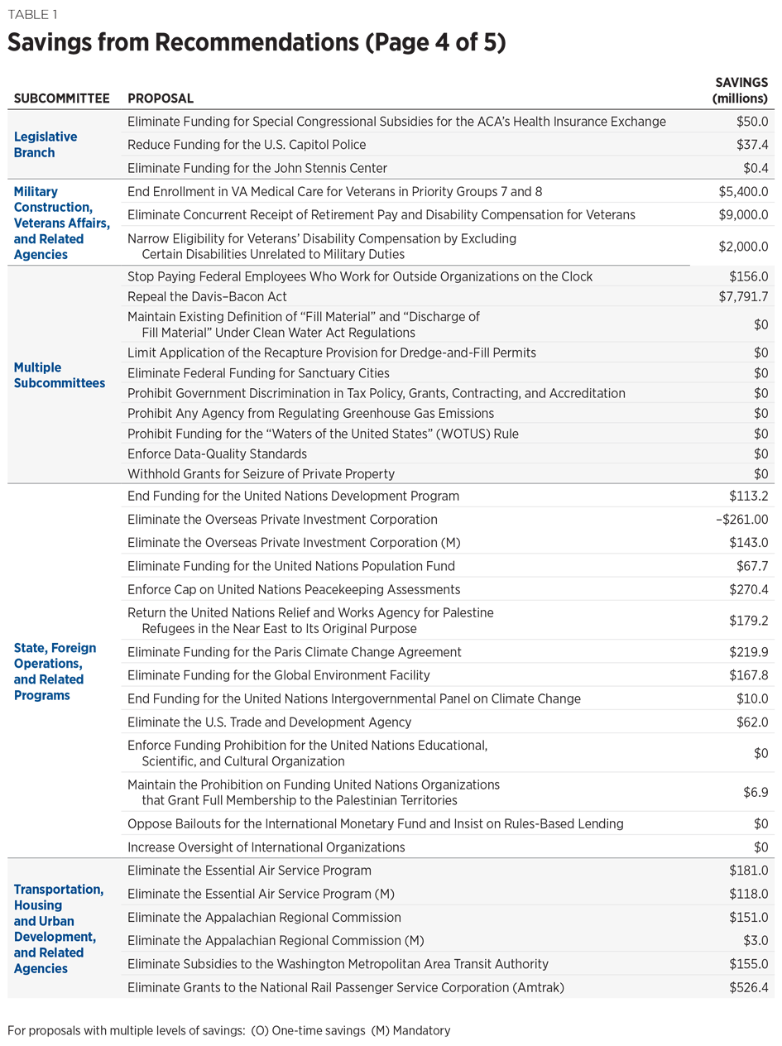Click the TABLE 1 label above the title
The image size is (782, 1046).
pyautogui.click(x=31, y=15)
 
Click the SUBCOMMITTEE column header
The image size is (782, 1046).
pyautogui.click(x=61, y=98)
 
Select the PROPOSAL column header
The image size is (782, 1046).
pyautogui.click(x=161, y=98)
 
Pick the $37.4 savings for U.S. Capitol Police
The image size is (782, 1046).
pyautogui.click(x=752, y=145)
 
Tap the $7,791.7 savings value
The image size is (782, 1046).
pyautogui.click(x=744, y=295)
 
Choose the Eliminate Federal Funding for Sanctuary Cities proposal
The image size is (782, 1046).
pyautogui.click(x=258, y=372)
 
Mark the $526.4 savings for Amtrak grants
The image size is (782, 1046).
pyautogui.click(x=749, y=986)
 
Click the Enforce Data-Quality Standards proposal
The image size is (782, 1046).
pyautogui.click(x=217, y=453)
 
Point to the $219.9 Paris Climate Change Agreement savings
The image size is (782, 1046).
pyautogui.click(x=749, y=652)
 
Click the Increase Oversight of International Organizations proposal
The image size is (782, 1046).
pyautogui.click(x=266, y=847)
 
